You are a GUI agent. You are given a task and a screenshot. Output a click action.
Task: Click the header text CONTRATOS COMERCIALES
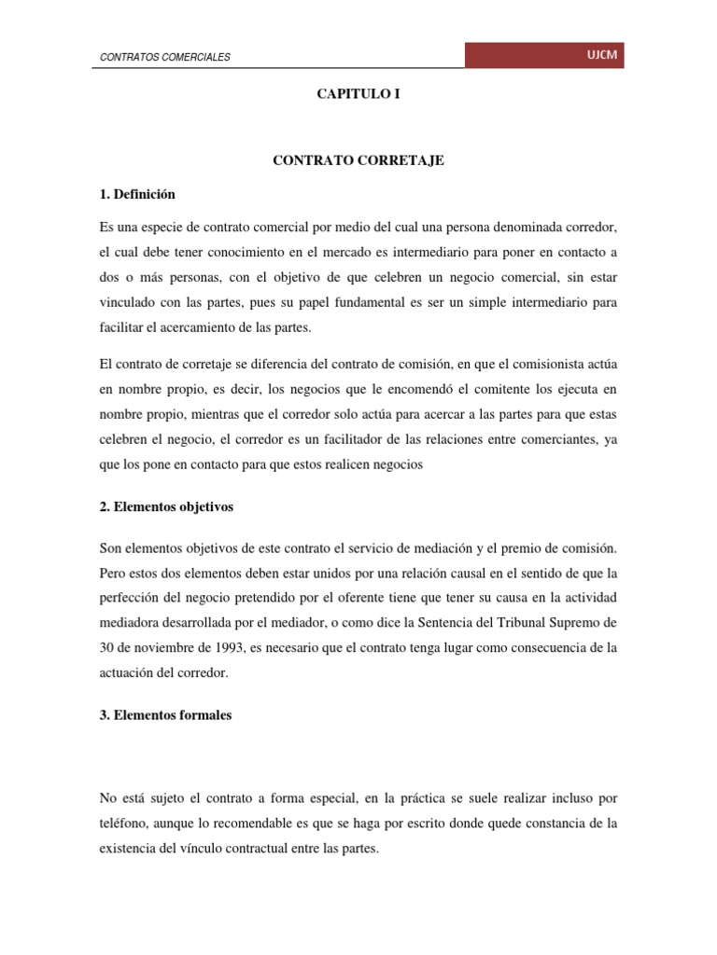pyautogui.click(x=165, y=58)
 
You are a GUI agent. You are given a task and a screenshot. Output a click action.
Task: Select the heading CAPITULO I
pyautogui.click(x=358, y=94)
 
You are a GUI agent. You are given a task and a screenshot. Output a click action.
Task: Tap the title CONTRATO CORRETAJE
pyautogui.click(x=358, y=160)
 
